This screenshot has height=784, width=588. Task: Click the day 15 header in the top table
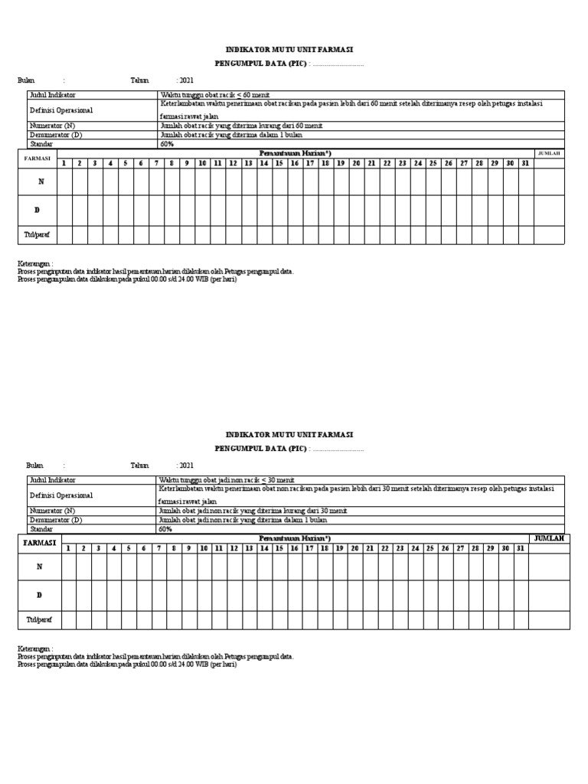279,163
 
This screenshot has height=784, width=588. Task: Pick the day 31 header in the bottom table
520,548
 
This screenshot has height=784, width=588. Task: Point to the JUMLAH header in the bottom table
549,539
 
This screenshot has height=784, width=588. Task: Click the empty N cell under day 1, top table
64,181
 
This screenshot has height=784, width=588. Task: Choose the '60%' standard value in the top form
166,143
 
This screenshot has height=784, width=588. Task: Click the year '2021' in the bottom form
186,465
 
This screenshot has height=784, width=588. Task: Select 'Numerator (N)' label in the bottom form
53,510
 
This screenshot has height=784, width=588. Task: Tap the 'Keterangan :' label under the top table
35,263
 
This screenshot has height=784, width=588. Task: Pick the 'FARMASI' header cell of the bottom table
40,543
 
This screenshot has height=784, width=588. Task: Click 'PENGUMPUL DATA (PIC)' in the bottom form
260,449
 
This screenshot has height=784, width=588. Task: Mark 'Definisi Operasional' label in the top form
60,110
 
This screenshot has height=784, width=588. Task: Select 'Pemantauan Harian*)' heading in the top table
294,154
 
